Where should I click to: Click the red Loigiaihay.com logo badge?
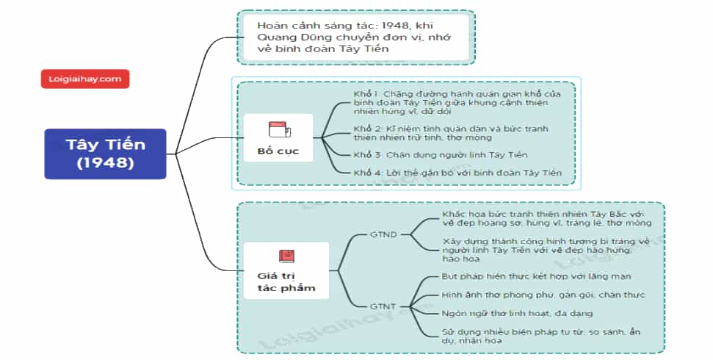point(85,79)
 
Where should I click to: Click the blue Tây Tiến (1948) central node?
point(106,154)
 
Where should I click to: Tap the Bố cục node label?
point(278,151)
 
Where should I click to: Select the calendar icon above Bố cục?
point(280,130)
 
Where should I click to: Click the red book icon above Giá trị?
point(286,256)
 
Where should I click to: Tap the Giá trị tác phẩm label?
point(286,281)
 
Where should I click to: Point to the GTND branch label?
point(383,235)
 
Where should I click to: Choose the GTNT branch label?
point(383,307)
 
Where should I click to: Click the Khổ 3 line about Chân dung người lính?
point(440,155)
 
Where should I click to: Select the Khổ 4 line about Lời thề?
point(457,173)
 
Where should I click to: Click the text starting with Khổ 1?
point(457,102)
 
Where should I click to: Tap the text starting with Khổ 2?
point(451,133)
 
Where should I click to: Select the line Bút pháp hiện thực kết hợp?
point(536,276)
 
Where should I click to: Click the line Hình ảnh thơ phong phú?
point(543,295)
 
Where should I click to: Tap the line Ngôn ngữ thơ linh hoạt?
point(517,314)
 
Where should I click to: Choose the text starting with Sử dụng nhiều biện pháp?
point(540,336)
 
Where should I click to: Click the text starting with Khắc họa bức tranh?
point(546,218)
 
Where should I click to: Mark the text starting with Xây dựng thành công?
point(546,250)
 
